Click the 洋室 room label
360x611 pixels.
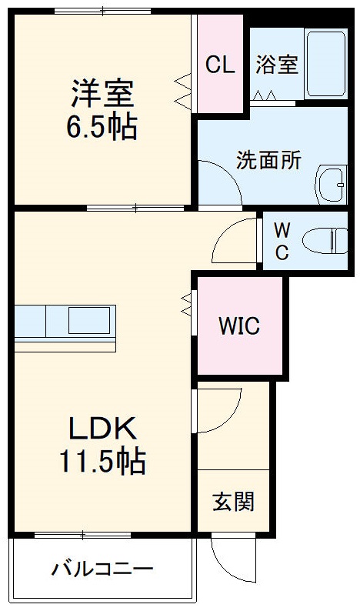(102, 95)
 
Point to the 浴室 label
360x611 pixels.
(276, 65)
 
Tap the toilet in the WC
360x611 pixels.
(324, 241)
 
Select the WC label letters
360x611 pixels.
(282, 240)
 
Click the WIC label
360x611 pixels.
(238, 326)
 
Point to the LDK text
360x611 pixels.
(103, 427)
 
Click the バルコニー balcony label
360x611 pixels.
(102, 570)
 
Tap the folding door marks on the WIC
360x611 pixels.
(186, 303)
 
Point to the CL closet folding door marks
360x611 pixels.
(184, 90)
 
